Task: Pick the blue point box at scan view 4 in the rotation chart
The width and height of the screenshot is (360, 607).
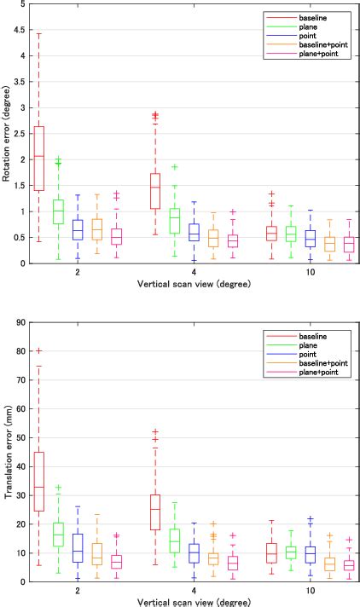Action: (194, 233)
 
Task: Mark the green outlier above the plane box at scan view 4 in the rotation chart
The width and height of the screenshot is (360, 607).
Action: (174, 167)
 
